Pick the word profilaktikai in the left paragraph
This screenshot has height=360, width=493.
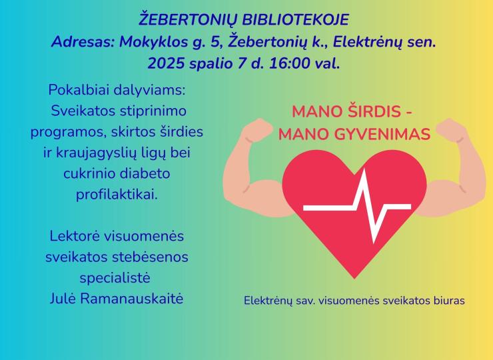pos(117,195)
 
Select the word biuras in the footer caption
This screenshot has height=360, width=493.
pos(447,300)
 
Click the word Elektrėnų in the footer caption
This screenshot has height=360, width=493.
pos(267,300)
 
